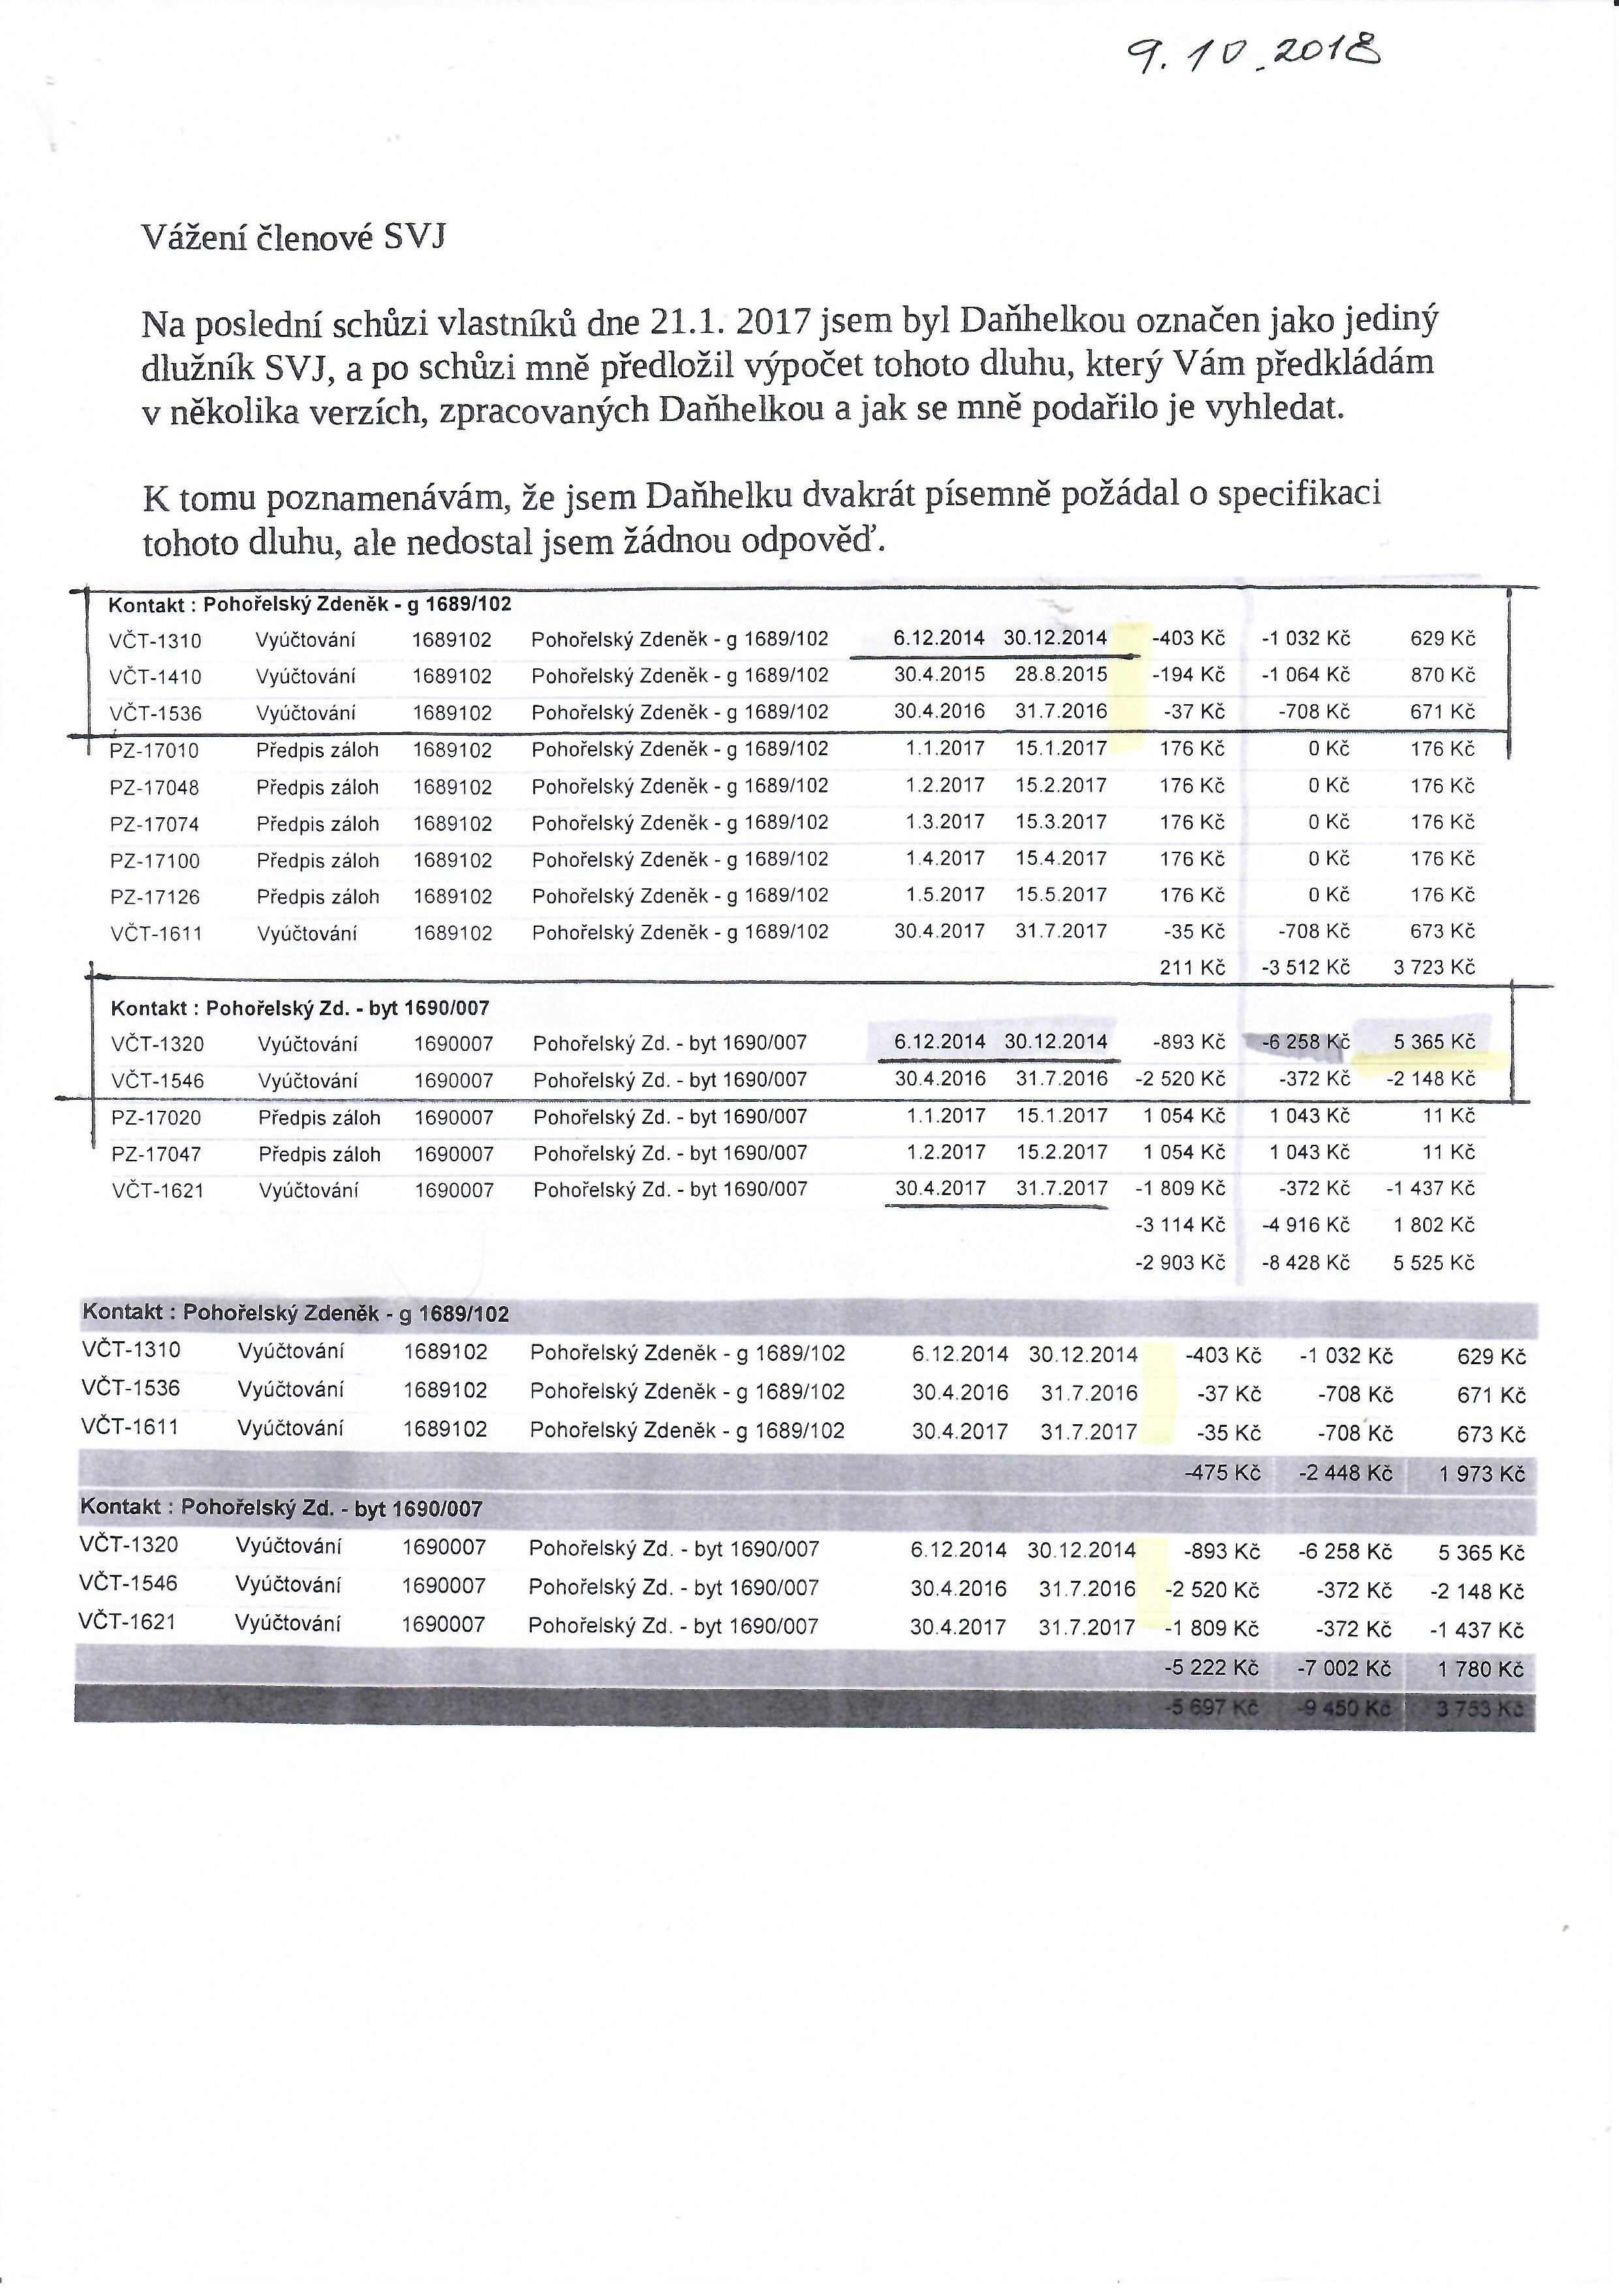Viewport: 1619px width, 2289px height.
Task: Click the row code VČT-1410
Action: [x=155, y=677]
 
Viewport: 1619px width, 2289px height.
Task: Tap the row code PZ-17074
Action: [x=155, y=824]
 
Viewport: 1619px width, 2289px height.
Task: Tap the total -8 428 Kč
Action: [x=1305, y=1263]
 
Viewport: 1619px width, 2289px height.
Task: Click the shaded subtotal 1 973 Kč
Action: [x=1483, y=1474]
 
